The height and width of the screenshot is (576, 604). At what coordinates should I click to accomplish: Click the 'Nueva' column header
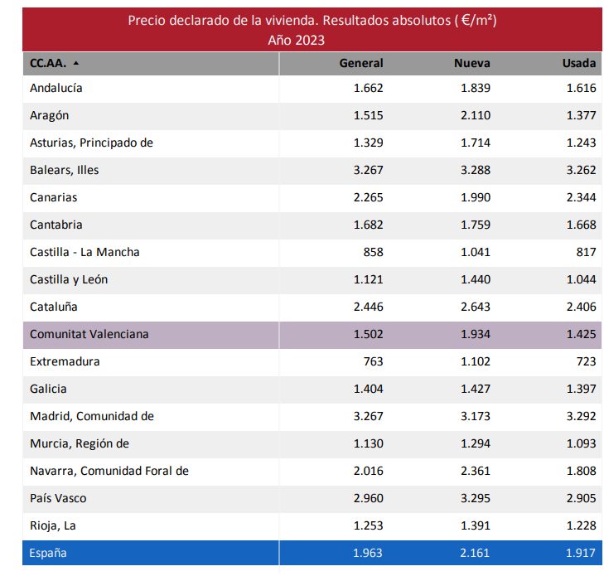(471, 63)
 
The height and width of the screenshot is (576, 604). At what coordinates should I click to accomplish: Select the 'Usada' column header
(578, 63)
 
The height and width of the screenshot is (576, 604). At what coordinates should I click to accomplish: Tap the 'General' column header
(361, 63)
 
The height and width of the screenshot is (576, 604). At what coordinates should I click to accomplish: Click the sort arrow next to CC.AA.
(76, 63)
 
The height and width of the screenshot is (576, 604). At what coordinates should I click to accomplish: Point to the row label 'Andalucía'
(56, 88)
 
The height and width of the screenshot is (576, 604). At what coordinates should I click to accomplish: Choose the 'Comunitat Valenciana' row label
(89, 334)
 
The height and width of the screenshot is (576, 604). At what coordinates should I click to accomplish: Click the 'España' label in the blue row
(48, 553)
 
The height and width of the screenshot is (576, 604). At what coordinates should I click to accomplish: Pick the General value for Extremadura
(370, 361)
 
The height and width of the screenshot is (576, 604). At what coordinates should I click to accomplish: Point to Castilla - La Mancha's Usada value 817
(585, 252)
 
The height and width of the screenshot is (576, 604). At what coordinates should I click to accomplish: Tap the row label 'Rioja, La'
(52, 525)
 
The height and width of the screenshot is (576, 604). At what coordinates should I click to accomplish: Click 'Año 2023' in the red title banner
(296, 39)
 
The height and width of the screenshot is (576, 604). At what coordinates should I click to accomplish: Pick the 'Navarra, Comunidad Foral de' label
(109, 471)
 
